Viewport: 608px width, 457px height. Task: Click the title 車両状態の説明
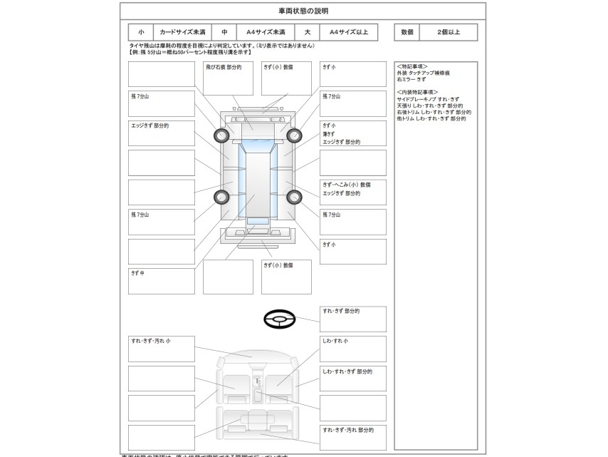[303, 11]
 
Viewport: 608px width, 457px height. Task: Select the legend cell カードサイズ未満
[182, 32]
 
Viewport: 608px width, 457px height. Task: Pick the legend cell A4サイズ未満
[266, 32]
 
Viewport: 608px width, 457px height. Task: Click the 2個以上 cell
[449, 32]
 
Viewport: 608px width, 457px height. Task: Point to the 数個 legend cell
[407, 32]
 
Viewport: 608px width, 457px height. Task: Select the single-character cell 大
[308, 32]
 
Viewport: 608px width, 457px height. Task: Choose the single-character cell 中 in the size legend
[224, 32]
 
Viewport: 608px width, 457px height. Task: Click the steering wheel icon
[280, 319]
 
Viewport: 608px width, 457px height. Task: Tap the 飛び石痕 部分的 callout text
[224, 67]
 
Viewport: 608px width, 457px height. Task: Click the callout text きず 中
[137, 272]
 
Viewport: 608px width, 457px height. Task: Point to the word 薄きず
[329, 133]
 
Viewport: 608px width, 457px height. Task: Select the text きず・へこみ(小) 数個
[346, 185]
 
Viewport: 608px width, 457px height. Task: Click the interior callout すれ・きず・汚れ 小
[150, 341]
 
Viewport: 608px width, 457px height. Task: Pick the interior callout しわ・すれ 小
[335, 341]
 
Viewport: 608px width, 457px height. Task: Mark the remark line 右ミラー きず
[412, 79]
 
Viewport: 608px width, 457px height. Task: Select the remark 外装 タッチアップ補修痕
[423, 73]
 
